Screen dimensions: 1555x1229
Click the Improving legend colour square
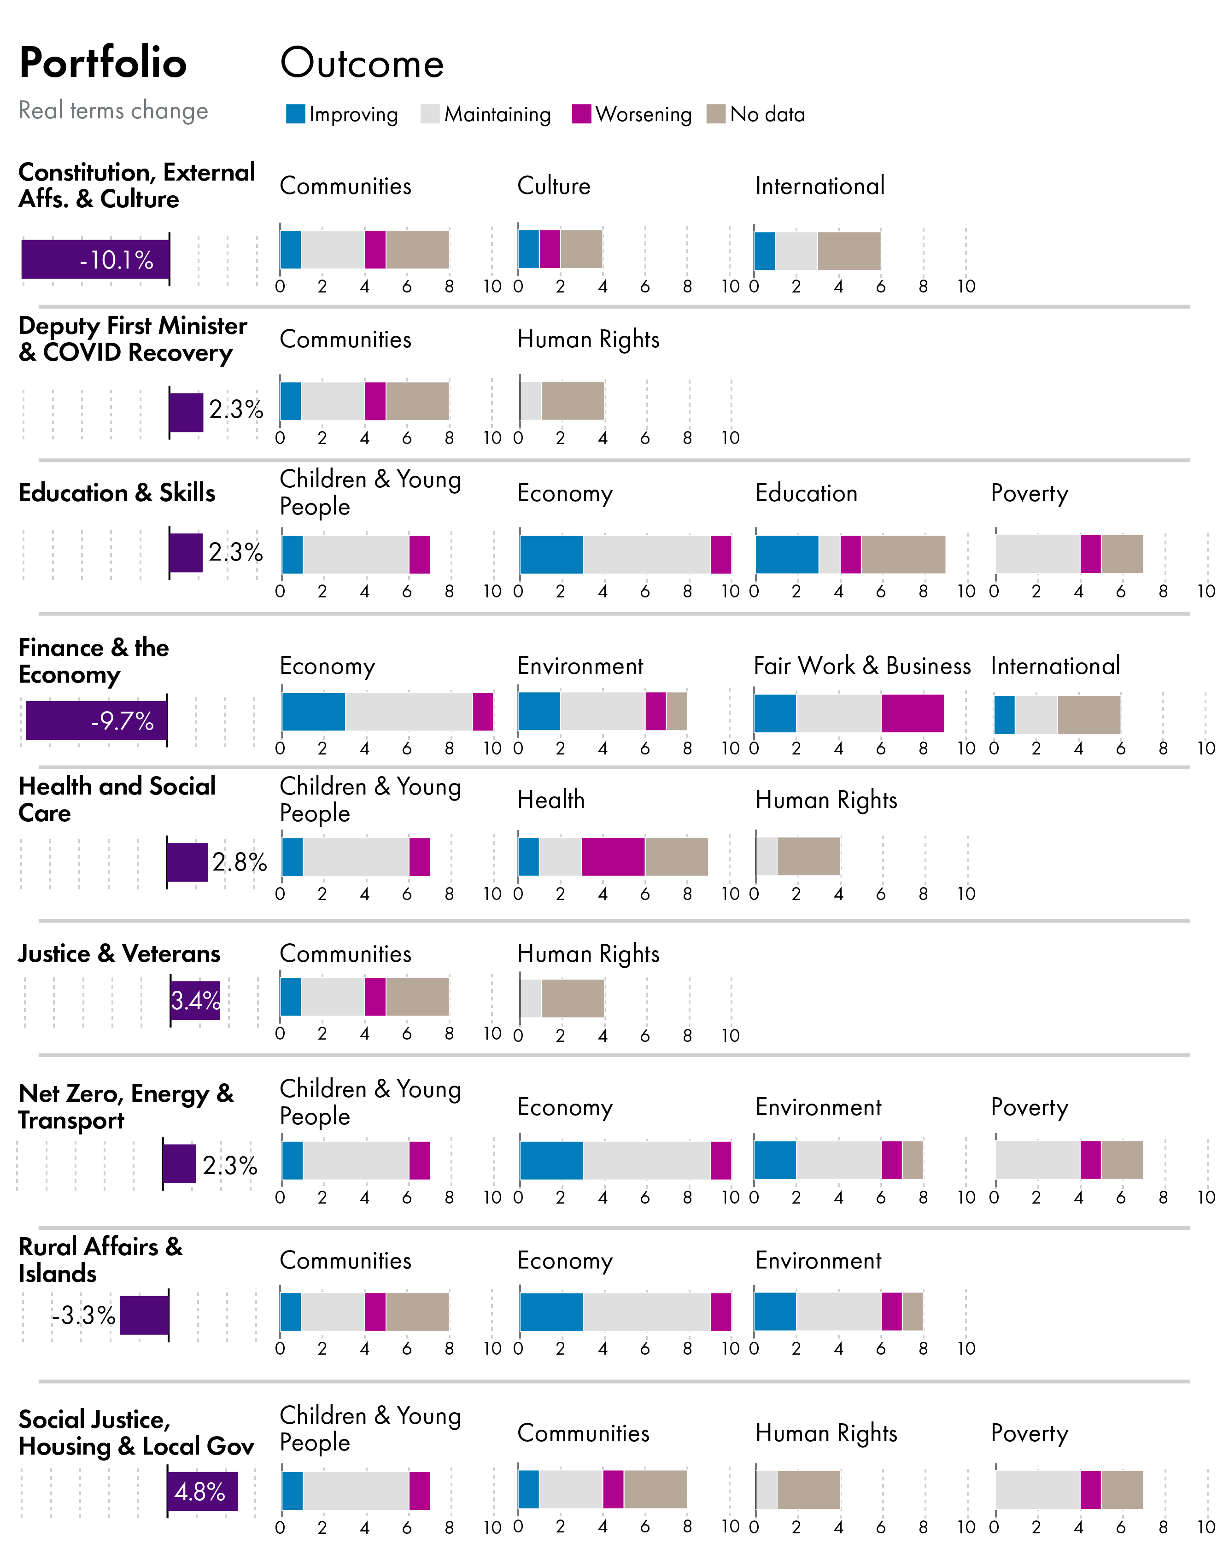(295, 114)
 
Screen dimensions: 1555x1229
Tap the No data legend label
(767, 114)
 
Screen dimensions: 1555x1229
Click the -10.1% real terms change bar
(95, 259)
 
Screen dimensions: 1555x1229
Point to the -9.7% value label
(123, 721)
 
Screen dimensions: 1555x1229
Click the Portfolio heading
(103, 63)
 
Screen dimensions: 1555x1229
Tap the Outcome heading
(362, 63)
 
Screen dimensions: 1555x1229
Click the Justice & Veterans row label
(119, 953)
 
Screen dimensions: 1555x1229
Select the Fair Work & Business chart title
(861, 666)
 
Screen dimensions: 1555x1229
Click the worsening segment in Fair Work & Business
(913, 713)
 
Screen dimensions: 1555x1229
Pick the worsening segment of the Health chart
(613, 856)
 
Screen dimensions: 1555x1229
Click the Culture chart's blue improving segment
(528, 249)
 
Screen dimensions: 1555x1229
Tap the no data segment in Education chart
(903, 554)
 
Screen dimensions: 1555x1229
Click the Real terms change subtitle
(113, 111)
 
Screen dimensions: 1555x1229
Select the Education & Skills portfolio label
(117, 493)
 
